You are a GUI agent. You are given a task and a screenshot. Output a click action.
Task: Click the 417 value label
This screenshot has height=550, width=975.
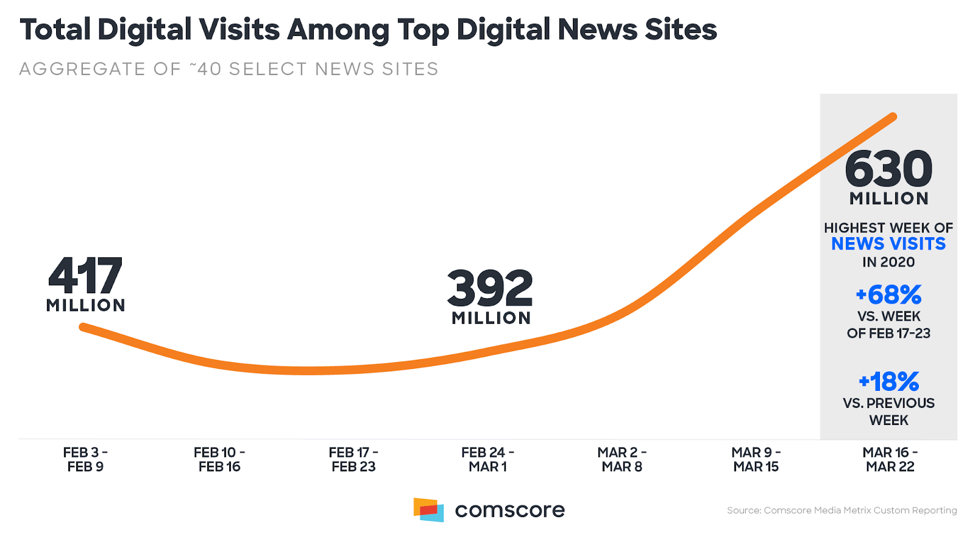[85, 276]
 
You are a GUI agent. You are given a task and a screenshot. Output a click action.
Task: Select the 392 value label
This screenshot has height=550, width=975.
[490, 288]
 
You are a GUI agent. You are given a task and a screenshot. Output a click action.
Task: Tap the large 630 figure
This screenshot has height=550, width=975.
[888, 169]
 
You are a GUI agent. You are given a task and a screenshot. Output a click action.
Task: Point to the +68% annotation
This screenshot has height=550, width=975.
[888, 295]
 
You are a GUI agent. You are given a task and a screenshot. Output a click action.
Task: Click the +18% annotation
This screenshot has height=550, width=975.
[888, 382]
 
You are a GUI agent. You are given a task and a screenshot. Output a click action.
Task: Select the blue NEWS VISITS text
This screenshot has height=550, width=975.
[888, 244]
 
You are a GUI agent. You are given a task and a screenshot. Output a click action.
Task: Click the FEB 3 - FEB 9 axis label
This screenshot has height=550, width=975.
[85, 460]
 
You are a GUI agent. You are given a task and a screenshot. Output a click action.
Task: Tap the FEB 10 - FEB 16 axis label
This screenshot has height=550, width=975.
[219, 460]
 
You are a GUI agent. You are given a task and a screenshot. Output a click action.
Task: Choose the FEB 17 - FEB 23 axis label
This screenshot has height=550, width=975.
[353, 460]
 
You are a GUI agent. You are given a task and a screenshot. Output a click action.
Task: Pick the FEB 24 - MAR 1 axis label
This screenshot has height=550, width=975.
[487, 460]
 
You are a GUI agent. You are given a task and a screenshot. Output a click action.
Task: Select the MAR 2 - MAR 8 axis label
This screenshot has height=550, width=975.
[622, 460]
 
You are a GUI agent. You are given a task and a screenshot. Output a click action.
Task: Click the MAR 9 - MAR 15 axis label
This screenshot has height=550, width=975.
[756, 460]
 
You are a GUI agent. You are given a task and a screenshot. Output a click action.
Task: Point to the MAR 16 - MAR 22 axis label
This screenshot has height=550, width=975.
[890, 460]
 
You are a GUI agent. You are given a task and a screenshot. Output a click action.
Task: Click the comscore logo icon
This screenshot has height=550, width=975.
[428, 510]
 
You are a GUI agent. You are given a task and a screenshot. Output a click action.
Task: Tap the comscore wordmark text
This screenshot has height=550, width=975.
[509, 510]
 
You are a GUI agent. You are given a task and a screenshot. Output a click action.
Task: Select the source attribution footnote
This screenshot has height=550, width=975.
[842, 510]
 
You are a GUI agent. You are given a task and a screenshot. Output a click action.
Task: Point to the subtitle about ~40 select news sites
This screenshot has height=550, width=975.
[229, 69]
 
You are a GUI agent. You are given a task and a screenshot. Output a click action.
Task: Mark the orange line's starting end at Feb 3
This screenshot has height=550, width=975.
[83, 327]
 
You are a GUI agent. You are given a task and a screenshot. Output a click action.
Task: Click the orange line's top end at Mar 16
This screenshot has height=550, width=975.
[893, 116]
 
